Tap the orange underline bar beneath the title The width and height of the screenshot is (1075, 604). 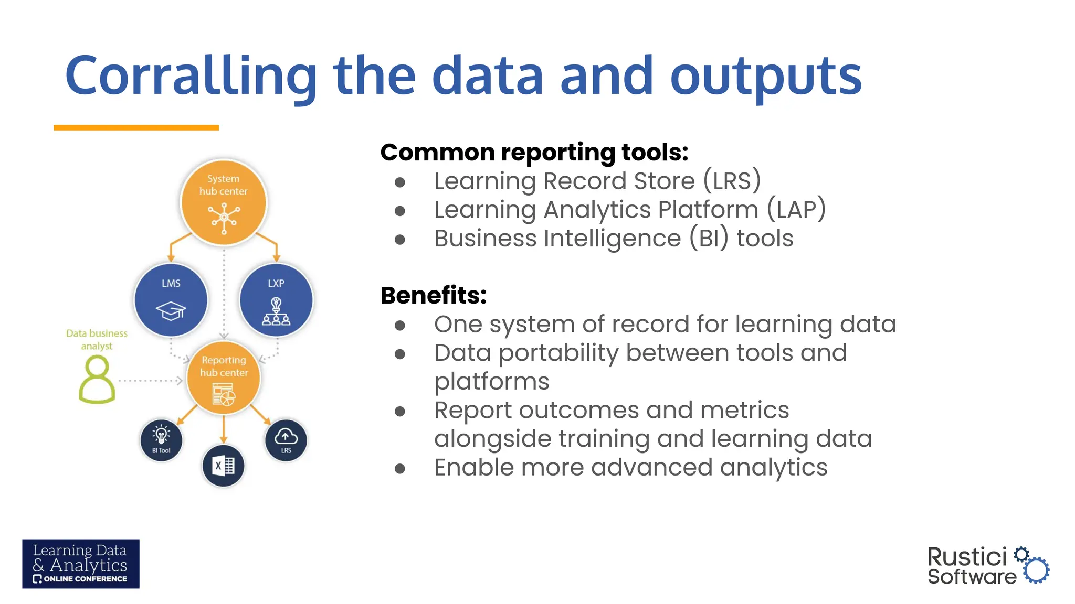point(136,127)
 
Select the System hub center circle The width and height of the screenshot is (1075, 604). point(224,202)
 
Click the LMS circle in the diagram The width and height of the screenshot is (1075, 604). point(171,300)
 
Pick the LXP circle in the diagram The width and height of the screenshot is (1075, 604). point(276,300)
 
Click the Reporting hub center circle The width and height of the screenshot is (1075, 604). point(224,378)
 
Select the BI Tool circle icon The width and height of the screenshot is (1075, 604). point(161,440)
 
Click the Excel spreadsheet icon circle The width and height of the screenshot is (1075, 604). point(223,466)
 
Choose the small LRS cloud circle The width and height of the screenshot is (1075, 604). point(286,440)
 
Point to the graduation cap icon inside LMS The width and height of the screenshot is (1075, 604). point(171,311)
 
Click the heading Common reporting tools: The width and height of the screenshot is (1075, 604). point(534,153)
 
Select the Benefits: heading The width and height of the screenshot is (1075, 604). point(434,296)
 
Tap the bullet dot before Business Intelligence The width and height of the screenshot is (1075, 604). point(400,240)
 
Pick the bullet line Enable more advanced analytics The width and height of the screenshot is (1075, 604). point(630,468)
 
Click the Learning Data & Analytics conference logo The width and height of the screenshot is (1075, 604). point(81,564)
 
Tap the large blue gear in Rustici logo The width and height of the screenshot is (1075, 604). point(1036,570)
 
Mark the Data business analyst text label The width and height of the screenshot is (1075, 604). point(97,339)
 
